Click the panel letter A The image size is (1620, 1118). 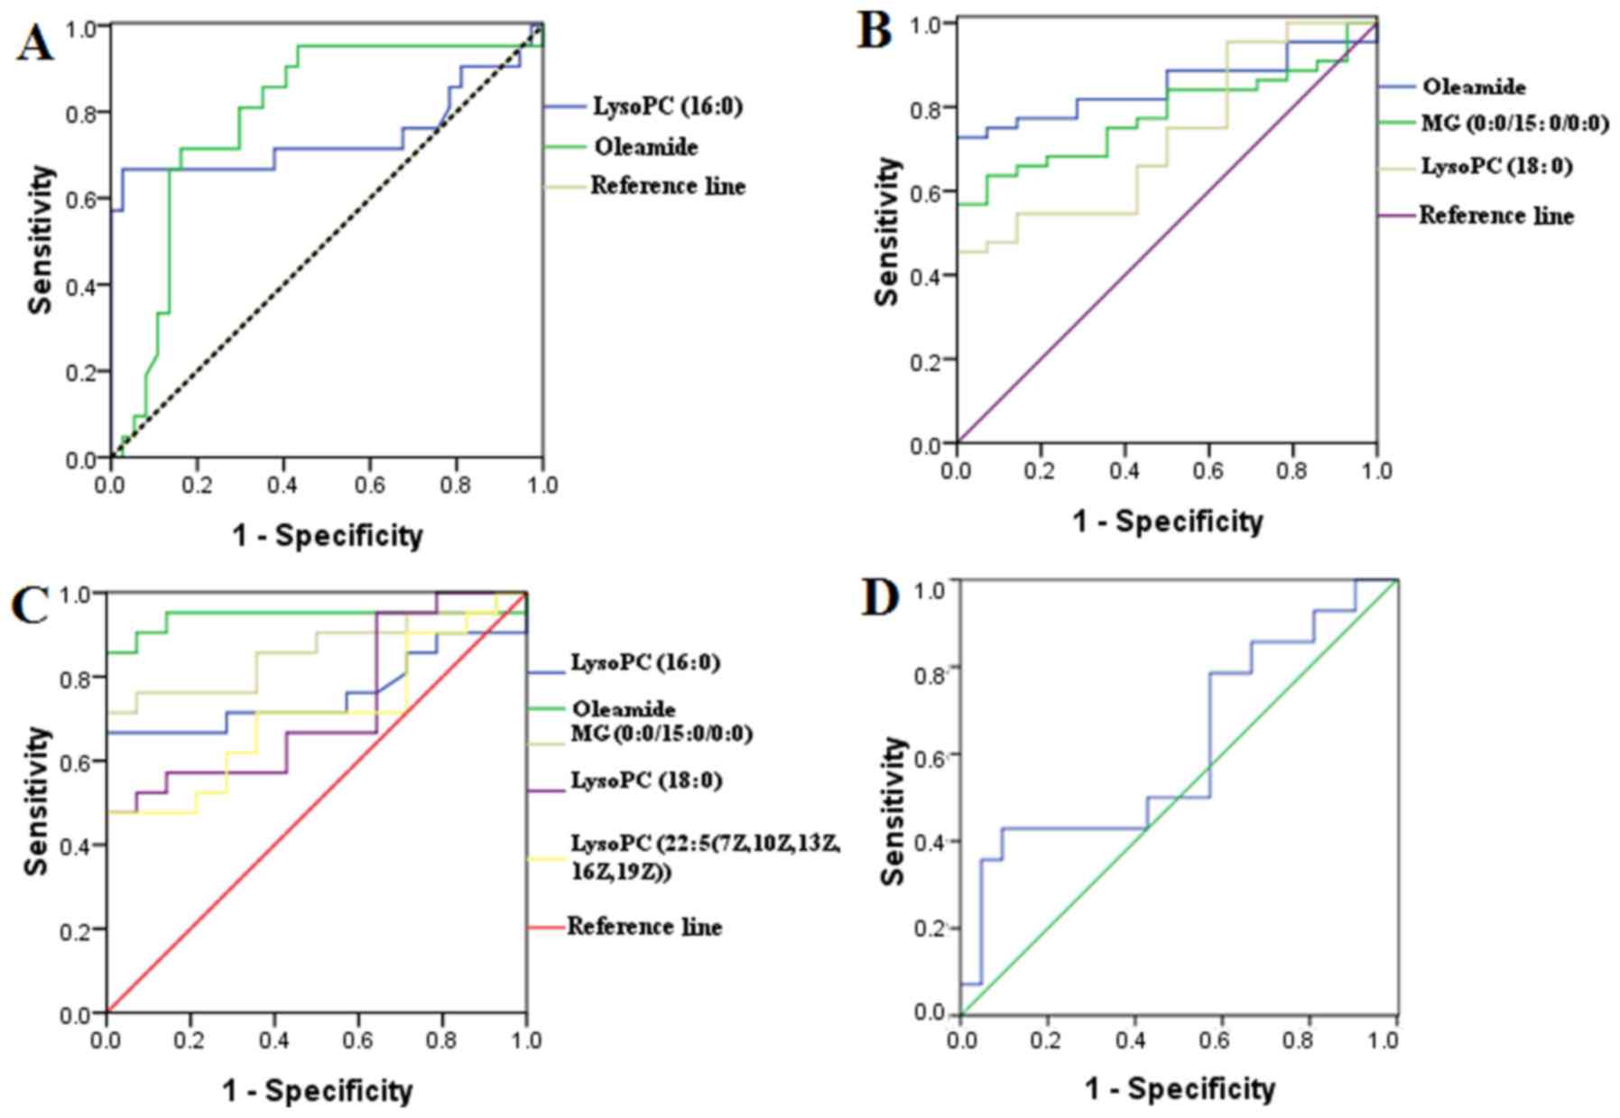click(34, 42)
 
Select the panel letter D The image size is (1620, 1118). click(880, 599)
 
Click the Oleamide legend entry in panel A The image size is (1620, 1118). click(645, 147)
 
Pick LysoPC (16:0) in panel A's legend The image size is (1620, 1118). click(667, 106)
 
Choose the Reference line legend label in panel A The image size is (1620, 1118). click(668, 187)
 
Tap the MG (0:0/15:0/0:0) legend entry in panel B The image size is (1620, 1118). click(1515, 123)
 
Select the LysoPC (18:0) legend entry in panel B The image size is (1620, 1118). click(1496, 167)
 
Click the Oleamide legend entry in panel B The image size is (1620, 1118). click(1474, 88)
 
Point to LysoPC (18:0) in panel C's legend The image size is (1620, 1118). click(646, 781)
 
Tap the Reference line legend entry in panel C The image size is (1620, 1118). click(644, 927)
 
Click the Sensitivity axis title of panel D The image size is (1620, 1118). click(893, 810)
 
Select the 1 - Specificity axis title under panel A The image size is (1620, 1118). click(328, 536)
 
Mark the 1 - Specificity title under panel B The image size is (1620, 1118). click(1168, 522)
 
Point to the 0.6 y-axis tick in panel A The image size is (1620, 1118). click(82, 199)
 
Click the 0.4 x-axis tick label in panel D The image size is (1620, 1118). click(1132, 1041)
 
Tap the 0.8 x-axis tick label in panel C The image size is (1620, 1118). click(442, 1041)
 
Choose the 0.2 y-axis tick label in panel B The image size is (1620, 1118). click(926, 361)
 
